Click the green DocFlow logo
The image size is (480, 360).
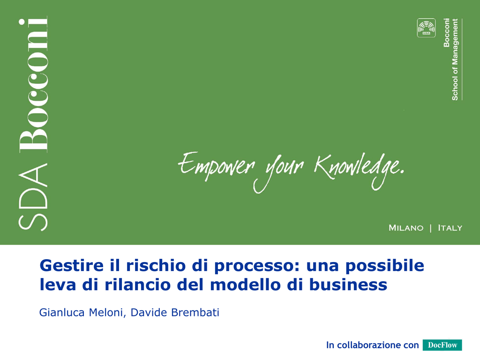(442, 345)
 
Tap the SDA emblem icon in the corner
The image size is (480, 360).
(426, 28)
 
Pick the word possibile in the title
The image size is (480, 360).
(385, 266)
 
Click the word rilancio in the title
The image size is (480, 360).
(137, 285)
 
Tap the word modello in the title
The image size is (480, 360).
(246, 285)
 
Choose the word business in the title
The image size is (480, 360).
(348, 285)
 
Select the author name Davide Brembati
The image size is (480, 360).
(175, 313)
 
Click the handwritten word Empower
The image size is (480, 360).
(217, 165)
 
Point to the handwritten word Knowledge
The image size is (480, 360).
(359, 170)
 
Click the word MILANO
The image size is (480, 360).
(406, 228)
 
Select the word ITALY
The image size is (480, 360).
(450, 228)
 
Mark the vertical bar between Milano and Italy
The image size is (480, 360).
(431, 228)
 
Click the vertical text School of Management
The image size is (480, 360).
(455, 60)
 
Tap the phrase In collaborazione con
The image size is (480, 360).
(372, 345)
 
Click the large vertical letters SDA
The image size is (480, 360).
(33, 197)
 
